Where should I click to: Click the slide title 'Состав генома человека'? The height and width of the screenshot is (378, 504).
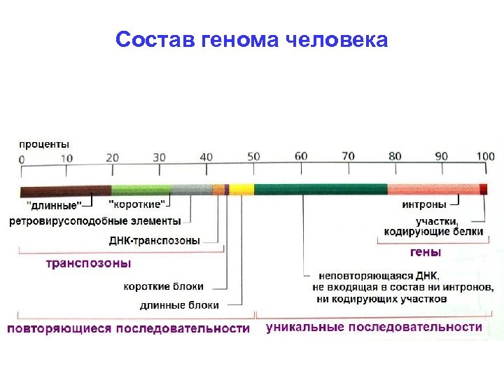point(251,39)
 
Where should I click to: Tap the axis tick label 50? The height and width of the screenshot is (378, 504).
point(253,157)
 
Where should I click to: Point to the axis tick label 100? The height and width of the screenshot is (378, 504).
point(484,157)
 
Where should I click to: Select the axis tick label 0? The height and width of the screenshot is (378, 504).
point(21,159)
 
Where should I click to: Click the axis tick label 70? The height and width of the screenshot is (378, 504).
point(348,157)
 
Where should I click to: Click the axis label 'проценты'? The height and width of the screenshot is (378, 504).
point(43,143)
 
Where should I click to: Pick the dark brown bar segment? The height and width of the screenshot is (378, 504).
point(65,189)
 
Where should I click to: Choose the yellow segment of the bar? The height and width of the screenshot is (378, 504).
point(241,189)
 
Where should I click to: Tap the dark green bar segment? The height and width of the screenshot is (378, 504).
point(321,189)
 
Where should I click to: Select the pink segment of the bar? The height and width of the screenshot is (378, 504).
point(433,189)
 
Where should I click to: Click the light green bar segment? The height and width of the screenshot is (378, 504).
point(141,189)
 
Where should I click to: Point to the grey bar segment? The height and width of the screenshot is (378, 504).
point(191,189)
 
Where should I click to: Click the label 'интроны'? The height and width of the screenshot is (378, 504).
point(424,205)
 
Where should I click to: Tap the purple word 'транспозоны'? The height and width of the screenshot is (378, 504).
point(88,263)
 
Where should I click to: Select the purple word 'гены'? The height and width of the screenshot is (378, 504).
point(425,251)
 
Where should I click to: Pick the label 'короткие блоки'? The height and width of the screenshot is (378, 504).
point(164,286)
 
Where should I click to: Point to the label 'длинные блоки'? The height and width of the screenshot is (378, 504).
point(179,305)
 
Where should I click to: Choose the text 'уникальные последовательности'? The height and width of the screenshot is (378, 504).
point(374,327)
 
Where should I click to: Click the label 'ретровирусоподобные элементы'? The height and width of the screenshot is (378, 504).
point(95,221)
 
